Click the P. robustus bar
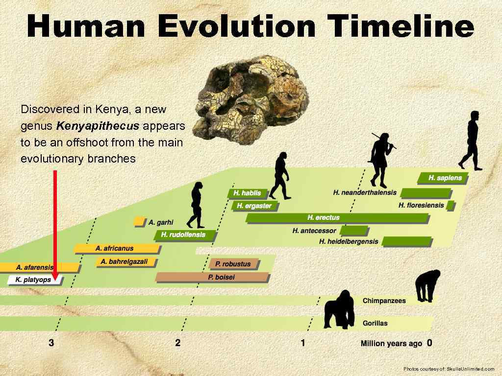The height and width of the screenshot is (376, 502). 233,264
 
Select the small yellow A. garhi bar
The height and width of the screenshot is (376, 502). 139,222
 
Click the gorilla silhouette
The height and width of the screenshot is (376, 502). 339,309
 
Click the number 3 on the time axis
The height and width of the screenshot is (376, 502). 51,343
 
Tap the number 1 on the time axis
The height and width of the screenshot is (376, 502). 302,343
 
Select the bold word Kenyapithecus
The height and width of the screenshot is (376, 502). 98,126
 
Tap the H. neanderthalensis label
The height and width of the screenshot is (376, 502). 365,192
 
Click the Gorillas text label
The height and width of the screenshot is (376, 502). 375,323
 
